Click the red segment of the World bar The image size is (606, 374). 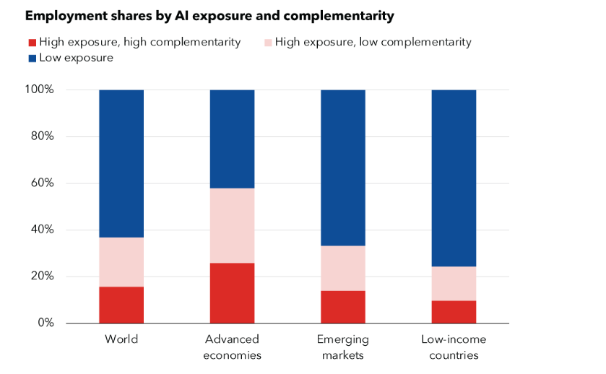pos(121,305)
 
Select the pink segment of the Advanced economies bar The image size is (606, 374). pos(232,225)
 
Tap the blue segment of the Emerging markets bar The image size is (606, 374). pos(343,168)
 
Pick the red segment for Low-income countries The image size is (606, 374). pos(454,312)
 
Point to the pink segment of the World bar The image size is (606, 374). pos(121,262)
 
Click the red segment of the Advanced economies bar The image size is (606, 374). pos(232,292)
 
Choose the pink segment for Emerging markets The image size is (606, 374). pos(343,268)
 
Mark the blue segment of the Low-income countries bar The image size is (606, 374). pos(454,178)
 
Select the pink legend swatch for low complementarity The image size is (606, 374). pos(267,43)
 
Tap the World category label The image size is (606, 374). pos(121,339)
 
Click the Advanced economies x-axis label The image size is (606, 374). pos(232,347)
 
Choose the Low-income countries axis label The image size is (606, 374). pos(454,347)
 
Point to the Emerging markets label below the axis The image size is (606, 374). pos(343,347)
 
